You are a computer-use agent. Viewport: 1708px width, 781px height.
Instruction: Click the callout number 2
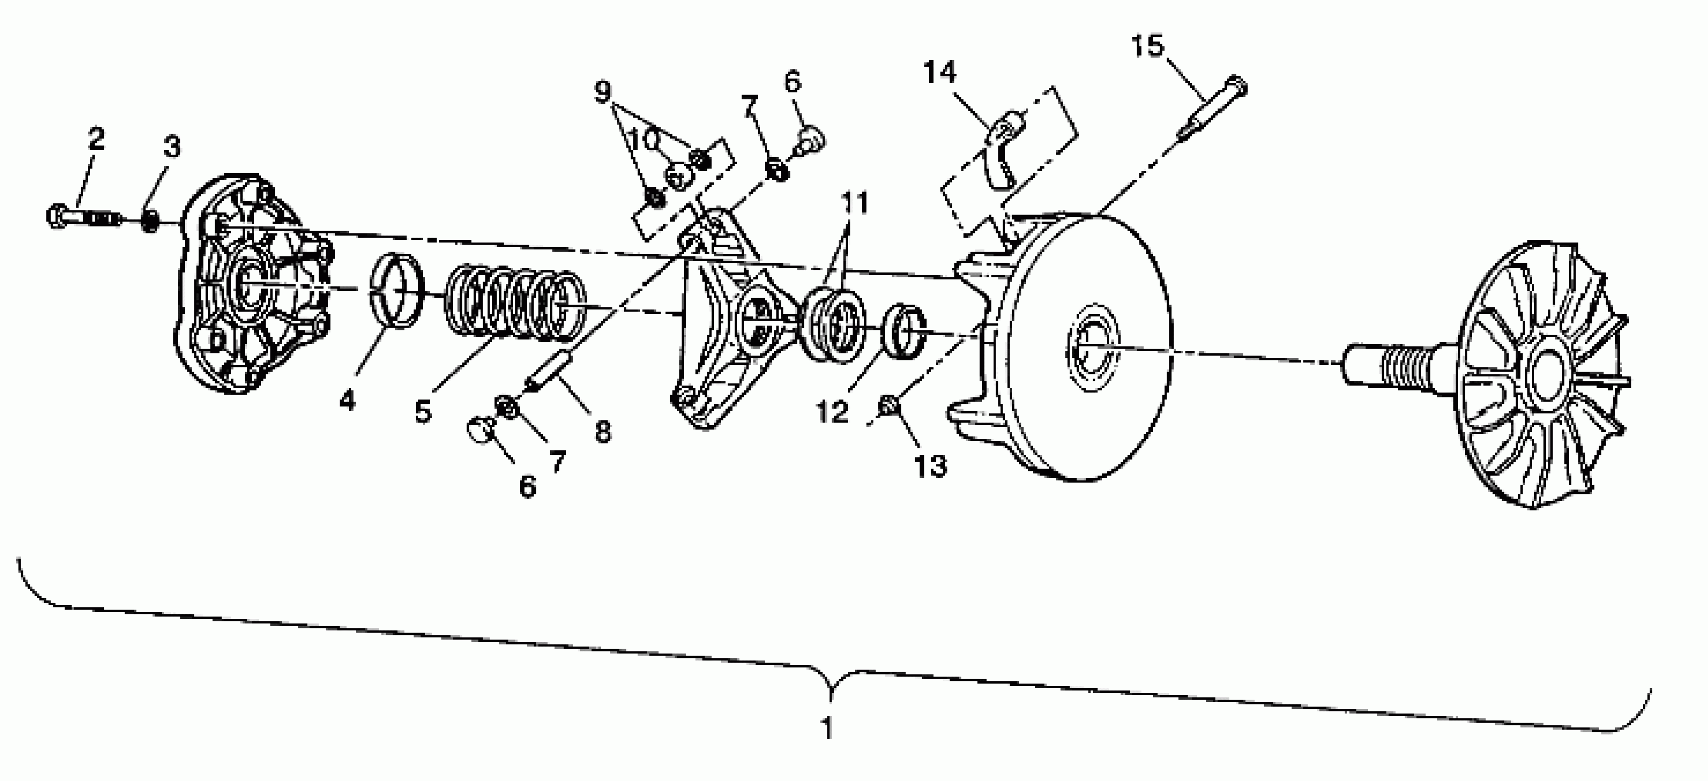pyautogui.click(x=96, y=140)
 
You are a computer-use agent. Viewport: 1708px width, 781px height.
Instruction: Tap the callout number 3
pyautogui.click(x=172, y=147)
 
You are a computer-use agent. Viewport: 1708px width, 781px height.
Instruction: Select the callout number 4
pyautogui.click(x=347, y=401)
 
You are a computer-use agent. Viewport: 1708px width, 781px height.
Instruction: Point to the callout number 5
pyautogui.click(x=423, y=412)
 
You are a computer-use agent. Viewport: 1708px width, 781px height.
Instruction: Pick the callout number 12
pyautogui.click(x=833, y=413)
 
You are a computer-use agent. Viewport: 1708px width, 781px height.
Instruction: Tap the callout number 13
pyautogui.click(x=930, y=466)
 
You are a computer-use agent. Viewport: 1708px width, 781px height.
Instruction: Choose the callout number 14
pyautogui.click(x=939, y=72)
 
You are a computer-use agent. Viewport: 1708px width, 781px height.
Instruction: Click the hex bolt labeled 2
pyautogui.click(x=83, y=217)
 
